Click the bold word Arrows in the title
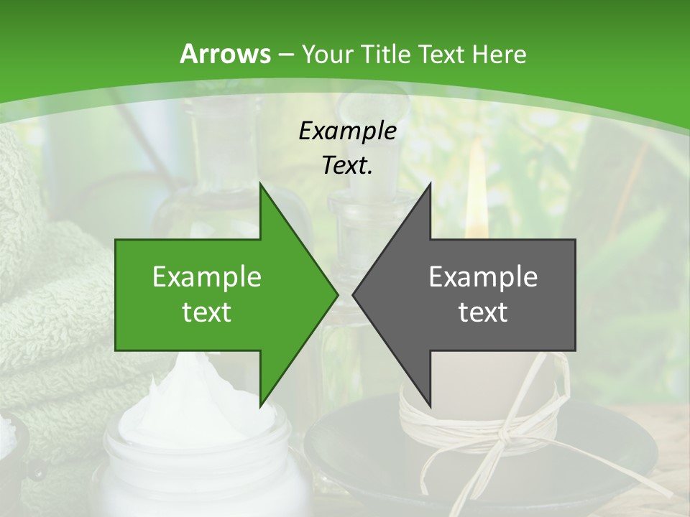226,54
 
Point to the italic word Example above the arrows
347,131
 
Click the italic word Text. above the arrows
347,165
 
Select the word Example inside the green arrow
207,277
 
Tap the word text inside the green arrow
207,312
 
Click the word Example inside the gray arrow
483,277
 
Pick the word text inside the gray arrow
483,312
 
